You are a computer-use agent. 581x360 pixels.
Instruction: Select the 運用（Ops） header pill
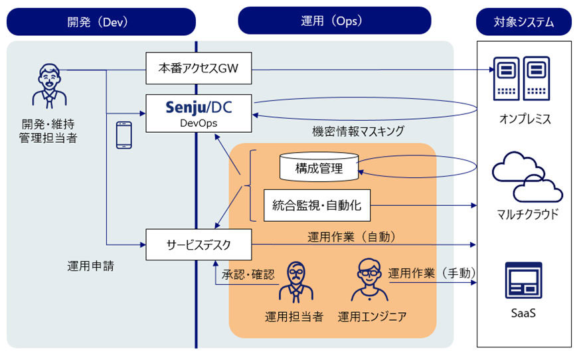(x=334, y=21)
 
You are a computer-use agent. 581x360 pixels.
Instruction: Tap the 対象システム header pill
(x=524, y=22)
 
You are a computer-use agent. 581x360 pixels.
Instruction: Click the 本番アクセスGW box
(x=199, y=68)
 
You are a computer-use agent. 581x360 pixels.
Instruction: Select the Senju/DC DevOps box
(x=199, y=112)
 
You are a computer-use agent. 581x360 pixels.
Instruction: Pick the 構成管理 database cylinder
(x=319, y=167)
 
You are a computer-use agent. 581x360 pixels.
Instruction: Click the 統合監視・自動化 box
(x=317, y=205)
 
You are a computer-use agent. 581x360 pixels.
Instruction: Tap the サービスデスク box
(x=199, y=244)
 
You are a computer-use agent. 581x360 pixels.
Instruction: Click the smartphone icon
(x=124, y=135)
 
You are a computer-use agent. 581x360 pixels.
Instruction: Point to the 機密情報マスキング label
(x=358, y=131)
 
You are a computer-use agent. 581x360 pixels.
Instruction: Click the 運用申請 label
(x=90, y=266)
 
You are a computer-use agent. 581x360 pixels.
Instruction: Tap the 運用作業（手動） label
(x=432, y=273)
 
